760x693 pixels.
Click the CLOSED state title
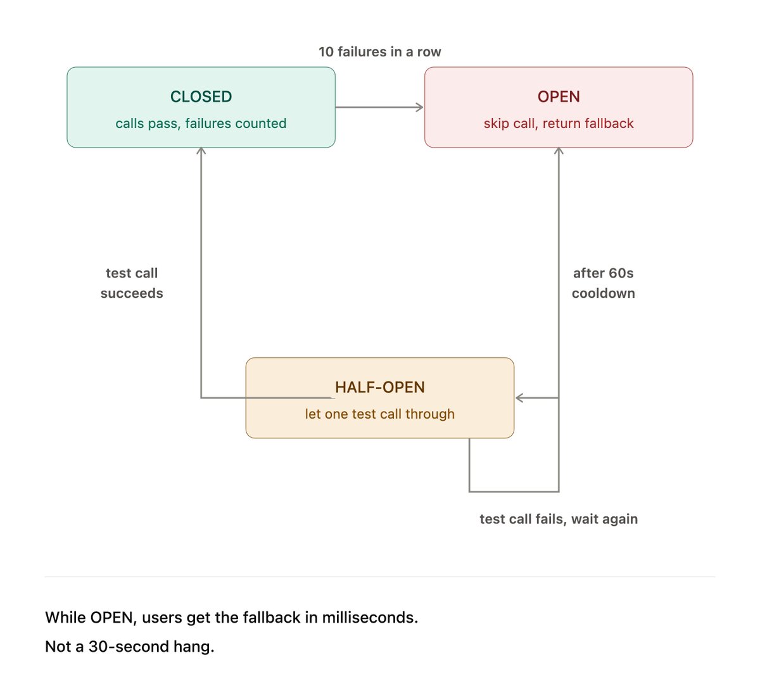pos(201,97)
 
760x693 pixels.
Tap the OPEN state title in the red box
pos(559,97)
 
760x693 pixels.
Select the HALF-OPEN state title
pos(379,387)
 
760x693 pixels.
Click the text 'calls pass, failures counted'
pos(201,124)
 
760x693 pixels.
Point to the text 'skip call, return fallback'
pos(559,124)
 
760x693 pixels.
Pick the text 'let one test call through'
pos(379,414)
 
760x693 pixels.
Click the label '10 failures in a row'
pos(379,51)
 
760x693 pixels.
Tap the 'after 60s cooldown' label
pos(603,283)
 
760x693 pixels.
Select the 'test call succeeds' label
pos(132,283)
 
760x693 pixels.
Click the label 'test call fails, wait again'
pos(559,519)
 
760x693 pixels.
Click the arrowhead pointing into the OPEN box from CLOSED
pos(420,107)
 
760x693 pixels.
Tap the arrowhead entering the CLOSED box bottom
pos(201,151)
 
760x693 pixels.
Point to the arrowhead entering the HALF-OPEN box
pos(519,398)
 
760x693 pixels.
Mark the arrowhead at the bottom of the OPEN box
pos(559,151)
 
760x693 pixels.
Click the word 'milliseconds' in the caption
pos(370,618)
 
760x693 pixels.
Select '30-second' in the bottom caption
pos(129,647)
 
